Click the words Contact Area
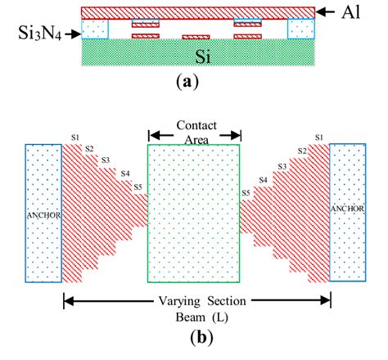[x=194, y=132]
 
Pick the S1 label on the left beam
[x=75, y=136]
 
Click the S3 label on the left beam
[x=106, y=160]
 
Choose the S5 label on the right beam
[x=246, y=193]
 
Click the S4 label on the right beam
[x=263, y=179]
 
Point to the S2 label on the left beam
[x=90, y=148]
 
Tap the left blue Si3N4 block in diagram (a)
[x=95, y=29]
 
